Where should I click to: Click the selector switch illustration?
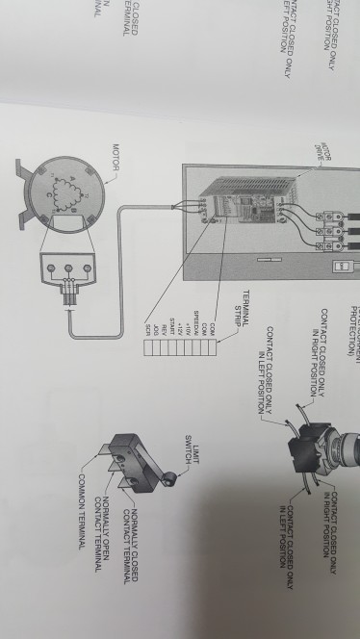318,453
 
